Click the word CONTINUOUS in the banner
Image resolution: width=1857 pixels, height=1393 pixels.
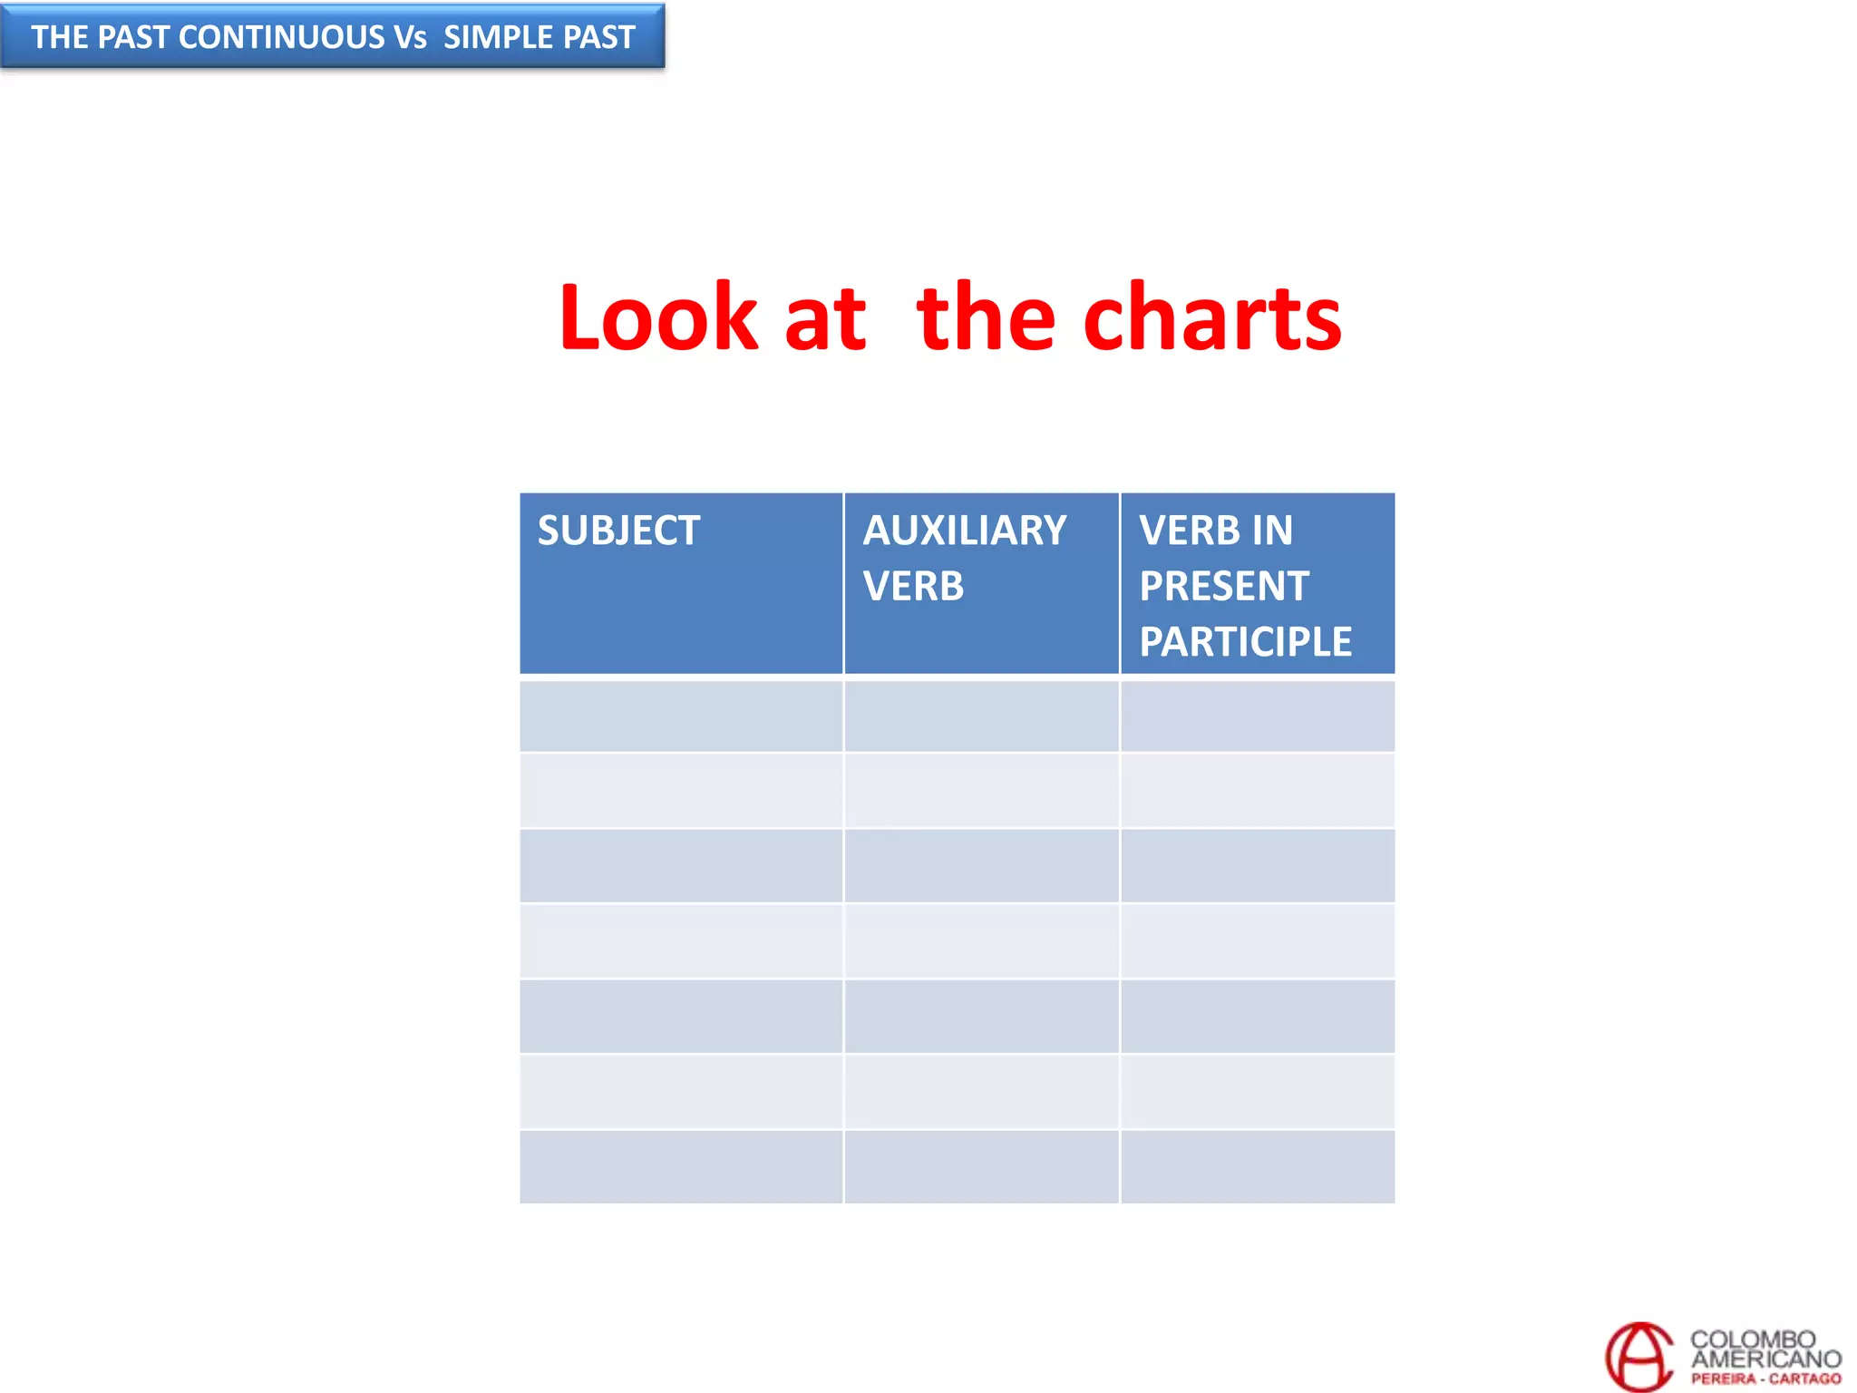tap(282, 37)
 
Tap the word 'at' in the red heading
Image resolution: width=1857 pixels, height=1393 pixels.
tap(825, 319)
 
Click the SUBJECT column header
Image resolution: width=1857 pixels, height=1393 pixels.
tap(618, 531)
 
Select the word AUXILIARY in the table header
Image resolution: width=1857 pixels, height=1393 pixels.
tap(965, 531)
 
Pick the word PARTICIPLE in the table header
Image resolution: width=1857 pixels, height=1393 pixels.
tap(1245, 642)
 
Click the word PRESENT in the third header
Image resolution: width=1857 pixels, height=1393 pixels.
tap(1224, 586)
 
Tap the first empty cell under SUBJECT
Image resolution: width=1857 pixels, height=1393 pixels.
tap(681, 716)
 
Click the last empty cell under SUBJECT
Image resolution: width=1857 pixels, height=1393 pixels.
tap(681, 1166)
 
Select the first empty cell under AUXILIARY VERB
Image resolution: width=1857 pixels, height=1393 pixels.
tap(981, 716)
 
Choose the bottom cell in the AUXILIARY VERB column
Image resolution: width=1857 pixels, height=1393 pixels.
tap(981, 1166)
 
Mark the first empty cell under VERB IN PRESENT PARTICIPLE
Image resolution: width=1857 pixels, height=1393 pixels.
tap(1258, 716)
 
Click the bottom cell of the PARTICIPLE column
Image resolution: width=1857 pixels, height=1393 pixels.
tap(1258, 1166)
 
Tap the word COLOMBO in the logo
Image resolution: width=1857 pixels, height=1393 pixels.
tap(1753, 1339)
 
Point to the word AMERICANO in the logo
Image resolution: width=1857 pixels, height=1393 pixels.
tap(1765, 1359)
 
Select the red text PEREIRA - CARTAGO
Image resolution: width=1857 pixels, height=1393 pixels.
tap(1765, 1378)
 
